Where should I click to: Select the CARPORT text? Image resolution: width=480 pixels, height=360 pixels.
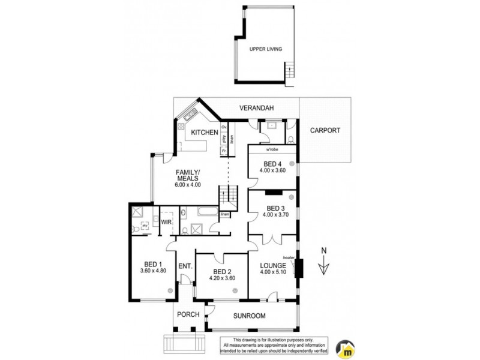326,130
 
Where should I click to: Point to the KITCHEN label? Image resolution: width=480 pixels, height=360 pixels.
204,132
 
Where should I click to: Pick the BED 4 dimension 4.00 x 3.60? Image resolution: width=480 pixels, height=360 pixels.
272,170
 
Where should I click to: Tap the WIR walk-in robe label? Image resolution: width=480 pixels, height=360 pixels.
166,223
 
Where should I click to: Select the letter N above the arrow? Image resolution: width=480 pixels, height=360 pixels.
323,251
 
